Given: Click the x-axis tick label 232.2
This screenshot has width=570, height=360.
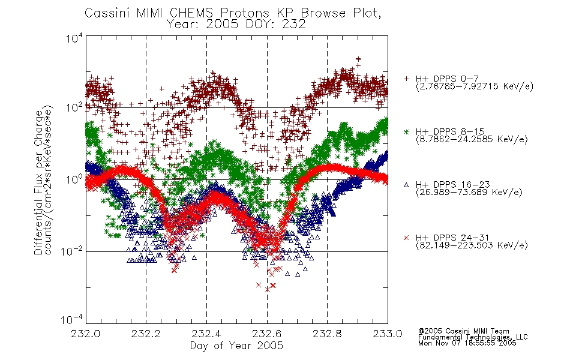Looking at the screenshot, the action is (146, 334).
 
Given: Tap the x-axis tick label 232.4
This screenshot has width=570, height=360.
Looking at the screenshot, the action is (206, 334).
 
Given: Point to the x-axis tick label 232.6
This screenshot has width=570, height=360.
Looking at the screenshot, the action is (267, 334).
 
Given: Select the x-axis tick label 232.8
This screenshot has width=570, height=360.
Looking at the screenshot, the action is (327, 334).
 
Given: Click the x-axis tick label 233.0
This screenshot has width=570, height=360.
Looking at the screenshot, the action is (388, 334).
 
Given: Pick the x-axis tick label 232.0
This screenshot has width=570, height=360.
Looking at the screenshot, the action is (85, 334).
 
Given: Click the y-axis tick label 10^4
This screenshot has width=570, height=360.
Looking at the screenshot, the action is (74, 38).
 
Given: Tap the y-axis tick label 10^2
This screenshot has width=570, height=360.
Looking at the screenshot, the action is (74, 108).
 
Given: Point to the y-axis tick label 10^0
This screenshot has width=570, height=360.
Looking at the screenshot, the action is (74, 180).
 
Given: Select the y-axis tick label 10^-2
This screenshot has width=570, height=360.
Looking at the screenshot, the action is (71, 251).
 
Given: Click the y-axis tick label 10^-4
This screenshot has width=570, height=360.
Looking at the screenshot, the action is (71, 320).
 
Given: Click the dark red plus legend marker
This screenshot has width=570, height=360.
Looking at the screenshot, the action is (406, 79).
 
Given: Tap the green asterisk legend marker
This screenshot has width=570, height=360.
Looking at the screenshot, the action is (406, 131).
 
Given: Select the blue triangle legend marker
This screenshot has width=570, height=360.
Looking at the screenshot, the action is (406, 185).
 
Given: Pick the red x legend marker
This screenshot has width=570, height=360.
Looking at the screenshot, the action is (406, 238).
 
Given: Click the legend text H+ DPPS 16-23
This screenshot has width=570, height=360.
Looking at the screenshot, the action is (452, 184).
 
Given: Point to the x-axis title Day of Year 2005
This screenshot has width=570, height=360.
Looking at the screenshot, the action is (236, 346).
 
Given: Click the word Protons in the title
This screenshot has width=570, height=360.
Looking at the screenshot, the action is (245, 13).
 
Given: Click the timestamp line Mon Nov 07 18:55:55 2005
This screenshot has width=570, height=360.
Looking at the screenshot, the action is (467, 343).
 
